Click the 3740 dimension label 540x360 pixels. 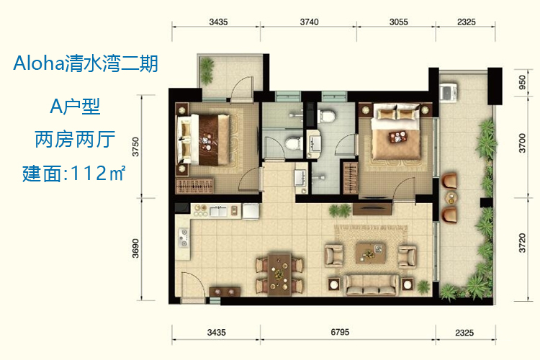[x=309, y=22]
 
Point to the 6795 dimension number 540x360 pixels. [x=340, y=332]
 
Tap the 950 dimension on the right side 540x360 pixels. [x=523, y=82]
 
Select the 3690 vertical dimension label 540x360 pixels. [x=135, y=248]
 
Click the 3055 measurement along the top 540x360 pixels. [x=398, y=22]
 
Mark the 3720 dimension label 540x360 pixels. [x=523, y=243]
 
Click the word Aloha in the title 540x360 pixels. [x=39, y=64]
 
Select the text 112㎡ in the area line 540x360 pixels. [x=97, y=173]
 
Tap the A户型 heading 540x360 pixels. [x=75, y=106]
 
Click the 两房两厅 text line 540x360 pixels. [x=75, y=140]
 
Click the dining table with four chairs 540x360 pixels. [x=279, y=274]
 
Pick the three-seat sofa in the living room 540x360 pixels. [x=372, y=284]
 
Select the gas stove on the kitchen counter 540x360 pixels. [x=184, y=238]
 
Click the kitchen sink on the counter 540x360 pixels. [x=218, y=211]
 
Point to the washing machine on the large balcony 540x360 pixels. [x=449, y=92]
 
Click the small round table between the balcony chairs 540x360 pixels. [x=451, y=198]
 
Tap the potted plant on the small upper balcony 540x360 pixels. [x=207, y=71]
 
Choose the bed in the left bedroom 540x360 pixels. [x=203, y=140]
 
